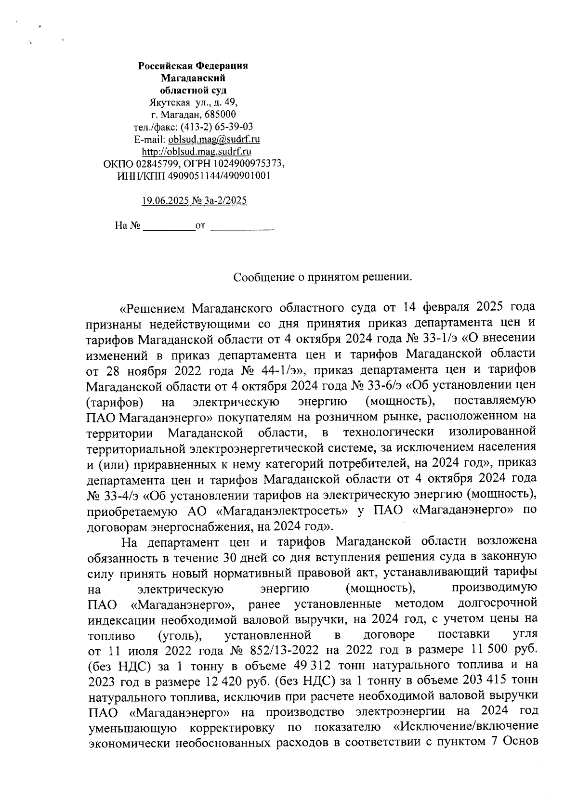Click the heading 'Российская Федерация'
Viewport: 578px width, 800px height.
pos(193,66)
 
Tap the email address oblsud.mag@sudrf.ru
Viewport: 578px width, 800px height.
pos(214,140)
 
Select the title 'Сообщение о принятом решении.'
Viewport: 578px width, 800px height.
pos(323,277)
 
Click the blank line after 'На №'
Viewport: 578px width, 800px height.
pos(169,225)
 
